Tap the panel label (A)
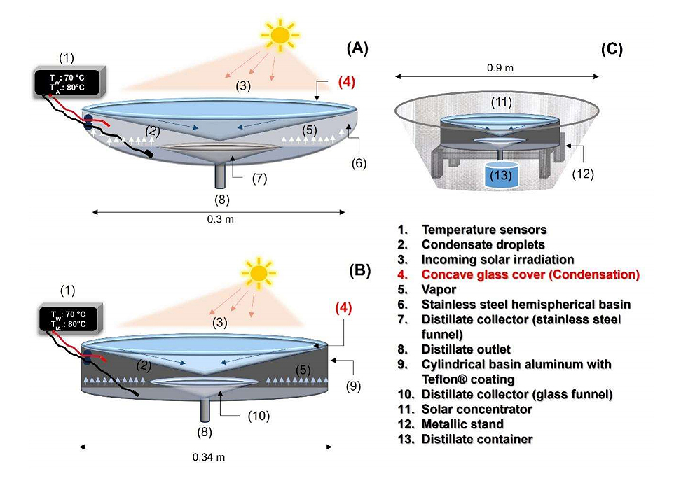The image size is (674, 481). (x=357, y=48)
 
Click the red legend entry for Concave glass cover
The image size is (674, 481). (x=530, y=274)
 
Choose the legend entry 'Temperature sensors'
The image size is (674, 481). (x=483, y=230)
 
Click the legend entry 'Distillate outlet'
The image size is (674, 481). (x=466, y=349)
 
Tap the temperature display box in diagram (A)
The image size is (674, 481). (x=71, y=83)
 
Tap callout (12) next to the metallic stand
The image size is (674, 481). (x=583, y=174)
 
